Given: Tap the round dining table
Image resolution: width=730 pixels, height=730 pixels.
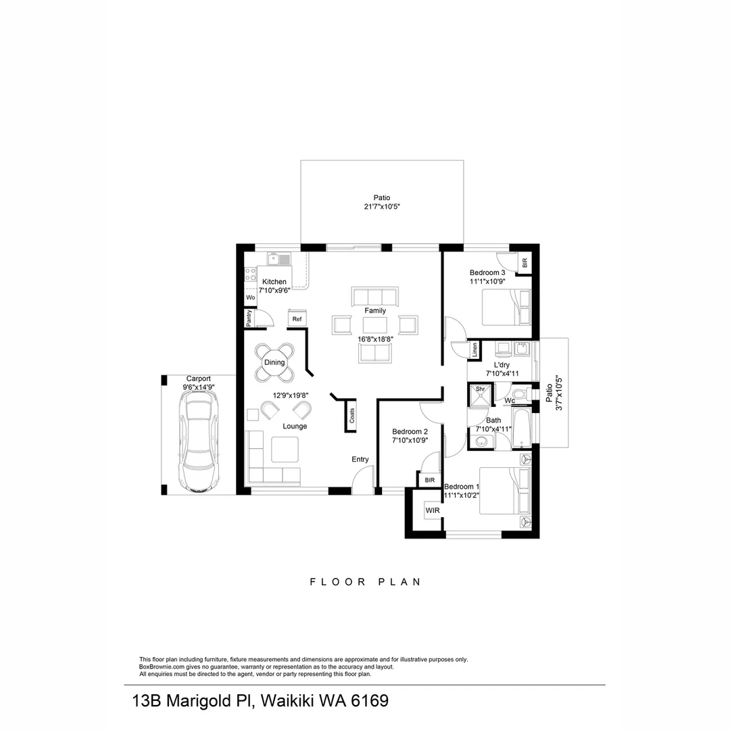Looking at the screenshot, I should (x=274, y=363).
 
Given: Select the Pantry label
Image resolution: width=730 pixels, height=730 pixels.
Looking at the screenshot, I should (x=249, y=318).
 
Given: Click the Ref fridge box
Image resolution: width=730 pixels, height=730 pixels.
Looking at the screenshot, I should (x=297, y=319).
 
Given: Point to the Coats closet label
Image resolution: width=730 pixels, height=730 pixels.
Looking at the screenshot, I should (x=352, y=416).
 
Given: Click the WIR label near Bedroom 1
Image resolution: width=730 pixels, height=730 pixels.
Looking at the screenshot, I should (x=432, y=510).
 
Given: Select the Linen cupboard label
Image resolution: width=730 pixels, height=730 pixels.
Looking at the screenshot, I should (x=475, y=349).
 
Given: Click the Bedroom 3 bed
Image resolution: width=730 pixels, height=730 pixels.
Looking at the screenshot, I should (x=506, y=308).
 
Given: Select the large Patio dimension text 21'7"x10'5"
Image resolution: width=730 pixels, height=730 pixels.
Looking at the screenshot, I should (x=382, y=208).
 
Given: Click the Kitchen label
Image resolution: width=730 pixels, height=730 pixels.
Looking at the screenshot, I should (x=274, y=282).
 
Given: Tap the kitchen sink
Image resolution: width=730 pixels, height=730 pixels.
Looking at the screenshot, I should (x=278, y=259).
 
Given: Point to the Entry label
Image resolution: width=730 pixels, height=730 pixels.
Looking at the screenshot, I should (x=360, y=460).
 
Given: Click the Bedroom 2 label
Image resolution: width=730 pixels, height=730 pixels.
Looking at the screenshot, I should (x=410, y=432).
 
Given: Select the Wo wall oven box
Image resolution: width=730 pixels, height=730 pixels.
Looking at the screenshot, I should (x=250, y=297).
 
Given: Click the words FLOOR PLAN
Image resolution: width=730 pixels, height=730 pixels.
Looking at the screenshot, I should (x=365, y=581).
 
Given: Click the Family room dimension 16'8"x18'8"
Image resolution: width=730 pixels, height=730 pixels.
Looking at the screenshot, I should (x=375, y=340).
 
